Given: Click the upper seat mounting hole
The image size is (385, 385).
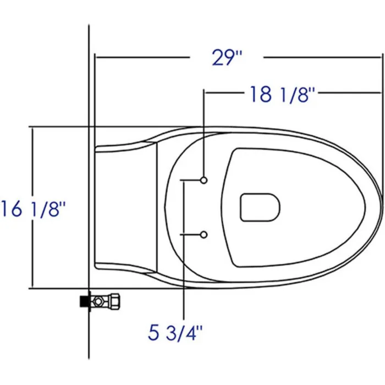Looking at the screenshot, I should (204, 180).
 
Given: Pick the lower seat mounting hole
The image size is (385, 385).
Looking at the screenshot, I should (204, 235).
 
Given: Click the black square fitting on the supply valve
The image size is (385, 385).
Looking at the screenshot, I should (84, 301).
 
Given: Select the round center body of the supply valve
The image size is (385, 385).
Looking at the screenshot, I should (99, 301).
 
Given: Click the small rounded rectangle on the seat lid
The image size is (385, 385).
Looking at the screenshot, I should (260, 207).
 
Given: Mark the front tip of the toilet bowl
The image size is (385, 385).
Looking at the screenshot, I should (380, 207).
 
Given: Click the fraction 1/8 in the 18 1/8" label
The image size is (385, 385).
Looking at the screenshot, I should (298, 94).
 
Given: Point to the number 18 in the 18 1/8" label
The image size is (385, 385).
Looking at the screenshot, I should (261, 94).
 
